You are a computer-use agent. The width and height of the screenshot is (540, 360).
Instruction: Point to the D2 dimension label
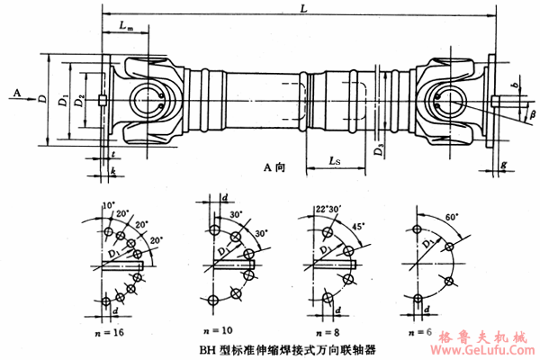tap(81, 99)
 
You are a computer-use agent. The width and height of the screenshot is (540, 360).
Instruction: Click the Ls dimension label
tap(334, 161)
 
